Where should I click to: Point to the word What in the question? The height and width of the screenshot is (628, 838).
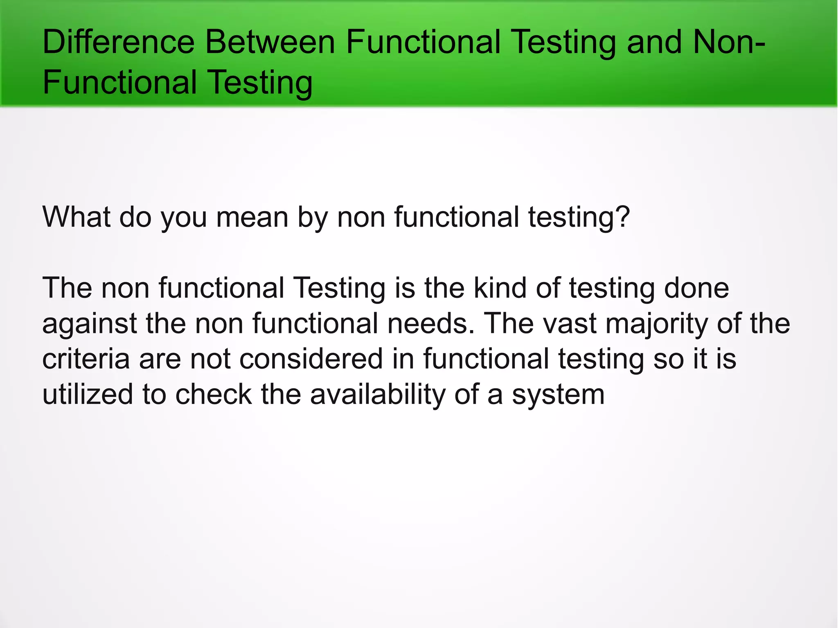click(76, 217)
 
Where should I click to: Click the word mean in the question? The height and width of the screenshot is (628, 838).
click(252, 217)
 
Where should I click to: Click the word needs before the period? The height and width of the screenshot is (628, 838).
click(431, 324)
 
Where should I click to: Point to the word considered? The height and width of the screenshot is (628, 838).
click(311, 359)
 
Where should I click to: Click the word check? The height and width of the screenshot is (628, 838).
click(213, 394)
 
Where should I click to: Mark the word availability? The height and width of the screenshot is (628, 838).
click(377, 394)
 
